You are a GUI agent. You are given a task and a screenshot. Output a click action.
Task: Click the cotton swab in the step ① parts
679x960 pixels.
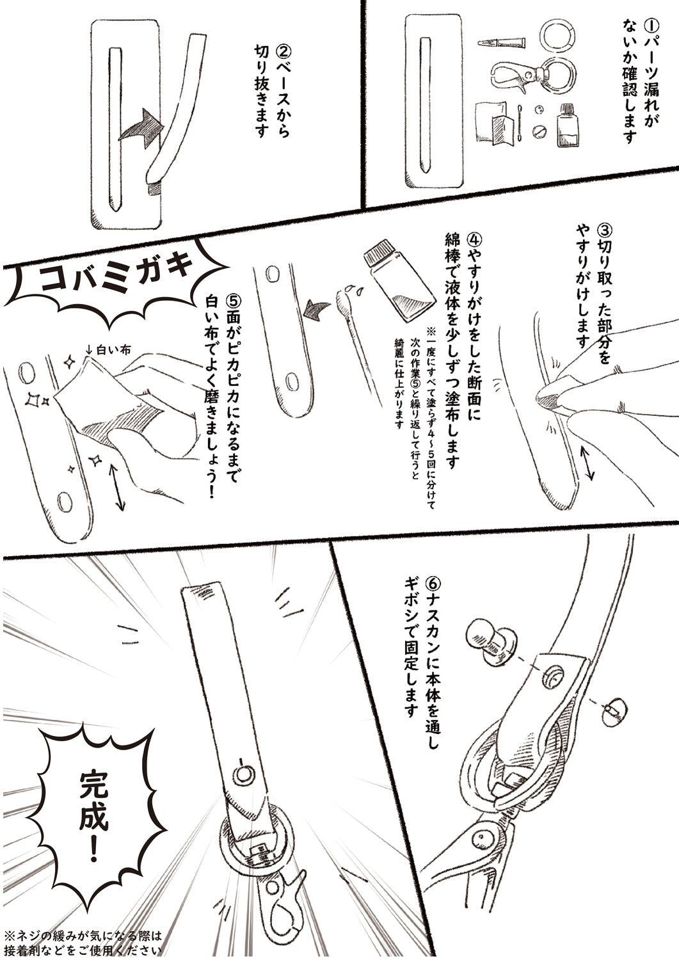[520, 125]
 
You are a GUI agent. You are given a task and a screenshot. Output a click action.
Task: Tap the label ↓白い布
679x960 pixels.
[107, 350]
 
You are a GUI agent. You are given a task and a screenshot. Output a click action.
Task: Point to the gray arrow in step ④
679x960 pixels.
[317, 311]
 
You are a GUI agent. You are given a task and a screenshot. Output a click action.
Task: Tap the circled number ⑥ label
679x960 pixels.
[432, 584]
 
